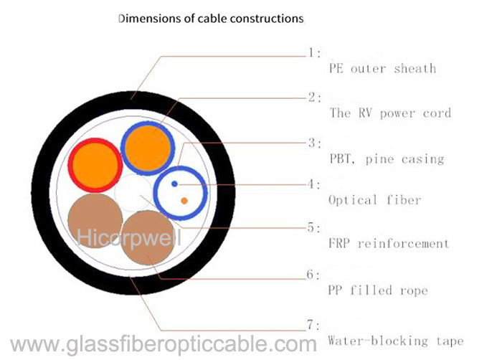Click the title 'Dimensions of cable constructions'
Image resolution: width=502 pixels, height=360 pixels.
tap(211, 19)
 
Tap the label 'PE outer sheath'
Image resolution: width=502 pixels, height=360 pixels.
tap(382, 68)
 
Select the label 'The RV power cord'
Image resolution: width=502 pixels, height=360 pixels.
tap(390, 113)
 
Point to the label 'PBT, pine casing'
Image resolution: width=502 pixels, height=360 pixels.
tap(387, 159)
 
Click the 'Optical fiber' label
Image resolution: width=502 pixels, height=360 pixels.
tap(374, 200)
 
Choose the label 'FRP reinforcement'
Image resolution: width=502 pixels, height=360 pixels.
tap(389, 243)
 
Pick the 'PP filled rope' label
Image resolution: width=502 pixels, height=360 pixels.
tap(378, 290)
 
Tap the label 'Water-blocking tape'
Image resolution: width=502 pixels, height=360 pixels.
tap(396, 340)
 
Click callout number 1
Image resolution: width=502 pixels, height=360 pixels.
tap(314, 52)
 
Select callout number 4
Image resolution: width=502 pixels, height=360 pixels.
tap(314, 184)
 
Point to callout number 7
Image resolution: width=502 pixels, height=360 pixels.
tap(313, 325)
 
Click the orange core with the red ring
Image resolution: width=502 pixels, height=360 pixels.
tap(95, 165)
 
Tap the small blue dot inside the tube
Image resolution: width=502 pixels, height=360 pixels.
tap(174, 184)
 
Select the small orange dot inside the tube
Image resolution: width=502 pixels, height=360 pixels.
tap(184, 201)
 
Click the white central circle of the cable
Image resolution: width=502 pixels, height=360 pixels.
tap(133, 193)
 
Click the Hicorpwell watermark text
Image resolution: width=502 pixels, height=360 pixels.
tap(129, 238)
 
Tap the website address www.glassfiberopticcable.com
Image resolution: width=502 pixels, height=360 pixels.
tap(164, 344)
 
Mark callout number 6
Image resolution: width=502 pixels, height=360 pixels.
tap(313, 275)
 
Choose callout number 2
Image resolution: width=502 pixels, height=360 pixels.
tap(315, 97)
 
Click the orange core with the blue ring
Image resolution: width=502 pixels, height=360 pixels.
tap(148, 148)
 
